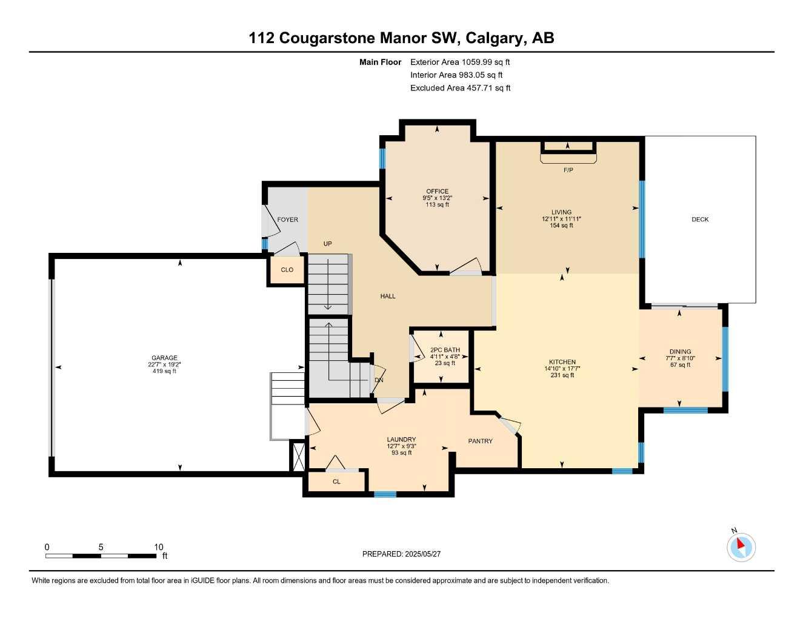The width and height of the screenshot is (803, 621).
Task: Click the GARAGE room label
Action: pos(164,358)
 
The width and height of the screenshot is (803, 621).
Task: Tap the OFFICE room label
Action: pos(437,192)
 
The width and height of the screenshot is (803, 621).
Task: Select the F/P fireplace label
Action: pos(568,170)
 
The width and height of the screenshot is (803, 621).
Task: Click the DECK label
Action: pos(700,220)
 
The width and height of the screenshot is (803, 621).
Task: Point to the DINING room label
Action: pos(680,352)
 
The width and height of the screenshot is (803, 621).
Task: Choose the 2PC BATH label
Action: pos(445,350)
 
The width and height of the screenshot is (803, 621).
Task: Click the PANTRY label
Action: pos(480,441)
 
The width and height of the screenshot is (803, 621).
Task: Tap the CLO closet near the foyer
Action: pos(287,270)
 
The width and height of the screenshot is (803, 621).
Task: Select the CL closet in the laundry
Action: pos(336,482)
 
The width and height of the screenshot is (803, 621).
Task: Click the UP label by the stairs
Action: pos(327,244)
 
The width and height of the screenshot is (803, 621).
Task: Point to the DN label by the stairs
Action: pos(379,380)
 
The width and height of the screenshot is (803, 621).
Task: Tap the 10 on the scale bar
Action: pos(159,547)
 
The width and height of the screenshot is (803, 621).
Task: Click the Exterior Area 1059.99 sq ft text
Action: pos(460,62)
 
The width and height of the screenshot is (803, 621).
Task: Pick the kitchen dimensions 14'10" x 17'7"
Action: pos(562,368)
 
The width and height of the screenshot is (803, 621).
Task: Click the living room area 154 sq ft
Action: pos(561,226)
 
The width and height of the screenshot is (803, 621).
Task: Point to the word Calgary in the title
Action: pos(495,38)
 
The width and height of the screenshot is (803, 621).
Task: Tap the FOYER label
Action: pos(287,220)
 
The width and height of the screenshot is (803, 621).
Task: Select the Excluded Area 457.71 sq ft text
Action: pos(460,88)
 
